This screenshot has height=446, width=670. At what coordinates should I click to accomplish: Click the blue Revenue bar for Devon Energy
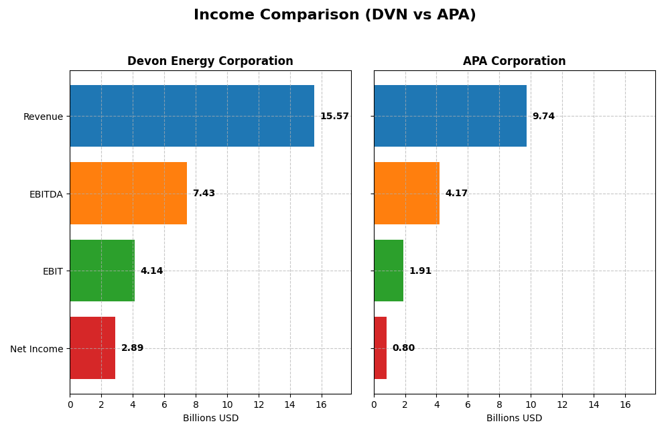[192, 116]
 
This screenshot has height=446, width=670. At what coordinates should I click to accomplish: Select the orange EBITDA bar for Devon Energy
[128, 193]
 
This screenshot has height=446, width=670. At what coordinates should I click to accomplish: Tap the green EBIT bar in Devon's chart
[102, 271]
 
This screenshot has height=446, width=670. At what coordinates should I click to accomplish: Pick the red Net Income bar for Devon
[92, 348]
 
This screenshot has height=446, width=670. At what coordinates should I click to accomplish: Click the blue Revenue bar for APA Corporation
[450, 116]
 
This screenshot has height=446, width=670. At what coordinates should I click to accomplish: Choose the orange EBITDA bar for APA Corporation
[406, 193]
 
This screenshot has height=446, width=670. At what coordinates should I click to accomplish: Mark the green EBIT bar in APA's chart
[389, 271]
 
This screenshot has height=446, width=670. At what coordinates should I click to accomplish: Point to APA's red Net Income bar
[380, 348]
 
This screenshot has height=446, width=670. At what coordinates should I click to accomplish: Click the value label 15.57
[334, 117]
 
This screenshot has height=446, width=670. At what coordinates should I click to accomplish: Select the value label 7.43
[204, 194]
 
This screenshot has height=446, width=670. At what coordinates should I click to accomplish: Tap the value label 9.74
[543, 117]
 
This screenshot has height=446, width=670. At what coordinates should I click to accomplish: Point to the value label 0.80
[403, 348]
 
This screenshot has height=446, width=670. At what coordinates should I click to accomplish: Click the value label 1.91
[420, 271]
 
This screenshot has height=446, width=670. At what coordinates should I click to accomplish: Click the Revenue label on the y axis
[43, 117]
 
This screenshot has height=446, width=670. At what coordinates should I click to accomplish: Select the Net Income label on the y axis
[36, 349]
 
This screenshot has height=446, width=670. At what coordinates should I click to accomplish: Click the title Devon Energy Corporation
[210, 62]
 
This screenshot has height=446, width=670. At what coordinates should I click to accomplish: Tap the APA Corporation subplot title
[514, 62]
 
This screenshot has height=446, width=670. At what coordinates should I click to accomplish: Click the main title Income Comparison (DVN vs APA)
[334, 15]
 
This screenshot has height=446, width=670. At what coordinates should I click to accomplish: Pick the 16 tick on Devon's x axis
[321, 405]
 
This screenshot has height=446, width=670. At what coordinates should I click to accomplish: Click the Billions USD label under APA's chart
[514, 419]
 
